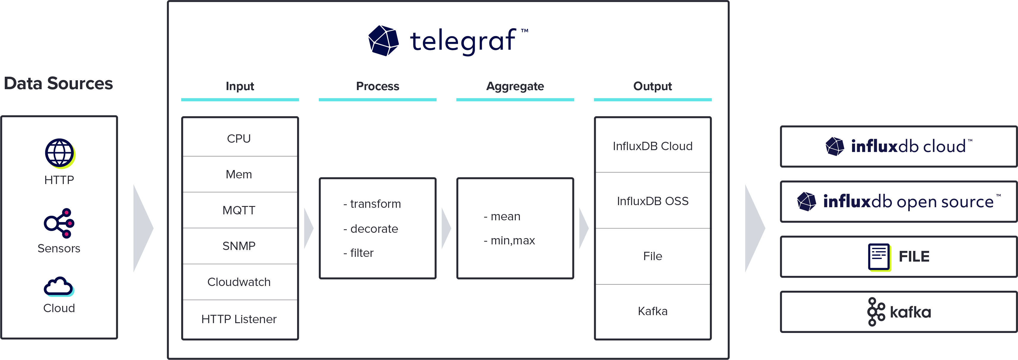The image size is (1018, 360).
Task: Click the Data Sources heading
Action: click(59, 83)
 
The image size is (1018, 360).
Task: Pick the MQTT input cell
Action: click(239, 210)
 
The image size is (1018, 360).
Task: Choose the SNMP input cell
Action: click(239, 246)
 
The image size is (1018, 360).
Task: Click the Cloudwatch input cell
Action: click(239, 282)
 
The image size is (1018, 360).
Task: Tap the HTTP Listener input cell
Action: click(239, 319)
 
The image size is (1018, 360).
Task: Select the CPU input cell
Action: click(239, 138)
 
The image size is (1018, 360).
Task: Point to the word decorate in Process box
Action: click(374, 229)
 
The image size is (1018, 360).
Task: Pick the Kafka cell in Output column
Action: click(652, 311)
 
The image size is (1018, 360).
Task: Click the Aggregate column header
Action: click(515, 86)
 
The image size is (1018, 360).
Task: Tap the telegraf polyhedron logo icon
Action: click(383, 41)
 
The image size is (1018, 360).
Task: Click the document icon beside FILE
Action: click(879, 257)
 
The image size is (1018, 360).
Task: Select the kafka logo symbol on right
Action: click(876, 312)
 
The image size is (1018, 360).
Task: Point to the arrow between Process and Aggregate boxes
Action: click(446, 228)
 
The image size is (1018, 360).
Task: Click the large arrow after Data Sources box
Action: click(142, 228)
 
